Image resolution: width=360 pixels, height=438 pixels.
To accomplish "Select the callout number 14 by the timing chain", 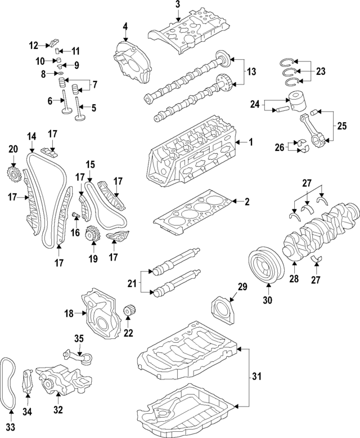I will pyautogui.click(x=31, y=136).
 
